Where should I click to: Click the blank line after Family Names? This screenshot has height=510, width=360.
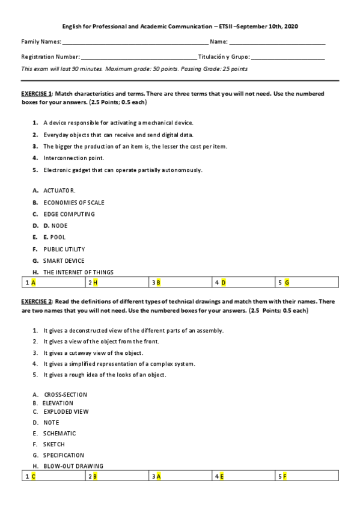tap(135, 43)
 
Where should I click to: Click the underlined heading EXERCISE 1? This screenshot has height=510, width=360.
tap(37, 94)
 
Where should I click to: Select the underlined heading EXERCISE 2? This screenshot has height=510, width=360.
tap(37, 301)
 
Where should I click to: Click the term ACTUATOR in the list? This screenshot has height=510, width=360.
tap(59, 191)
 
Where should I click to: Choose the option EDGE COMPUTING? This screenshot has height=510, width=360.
tap(69, 214)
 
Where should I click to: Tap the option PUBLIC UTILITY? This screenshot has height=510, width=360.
tap(64, 249)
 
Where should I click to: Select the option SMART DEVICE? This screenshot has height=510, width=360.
tap(64, 261)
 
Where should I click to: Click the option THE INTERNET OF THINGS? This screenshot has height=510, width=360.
tap(78, 272)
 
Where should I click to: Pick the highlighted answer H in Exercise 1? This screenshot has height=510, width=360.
tap(96, 282)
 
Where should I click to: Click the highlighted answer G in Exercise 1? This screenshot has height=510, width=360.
tap(287, 282)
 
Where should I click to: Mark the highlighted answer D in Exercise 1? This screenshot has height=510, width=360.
tap(224, 282)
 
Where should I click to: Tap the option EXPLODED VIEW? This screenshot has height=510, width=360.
tap(66, 412)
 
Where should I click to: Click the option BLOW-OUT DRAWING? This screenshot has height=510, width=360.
tap(73, 466)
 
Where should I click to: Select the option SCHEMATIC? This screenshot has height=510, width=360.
tap(59, 434)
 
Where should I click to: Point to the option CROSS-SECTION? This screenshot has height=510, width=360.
tap(66, 395)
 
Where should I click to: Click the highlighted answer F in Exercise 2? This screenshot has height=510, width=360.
tap(285, 476)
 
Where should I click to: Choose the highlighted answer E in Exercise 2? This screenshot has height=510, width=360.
tap(222, 476)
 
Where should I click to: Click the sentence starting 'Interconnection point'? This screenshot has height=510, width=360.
tap(73, 158)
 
